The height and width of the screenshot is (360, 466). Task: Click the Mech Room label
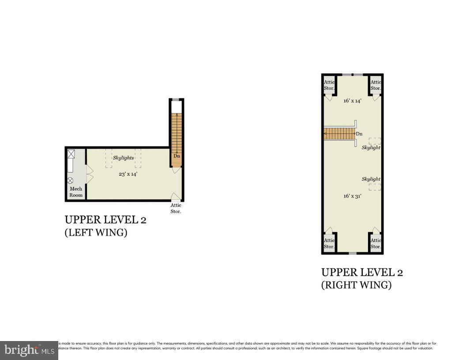click(76, 192)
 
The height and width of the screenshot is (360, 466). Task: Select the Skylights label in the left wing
click(123, 157)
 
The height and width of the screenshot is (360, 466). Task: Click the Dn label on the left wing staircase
click(177, 156)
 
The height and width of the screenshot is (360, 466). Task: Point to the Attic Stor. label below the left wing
click(176, 208)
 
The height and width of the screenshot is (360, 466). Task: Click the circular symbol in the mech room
click(70, 180)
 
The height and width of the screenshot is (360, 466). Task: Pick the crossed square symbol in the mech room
click(71, 154)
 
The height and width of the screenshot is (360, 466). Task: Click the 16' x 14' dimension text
click(352, 101)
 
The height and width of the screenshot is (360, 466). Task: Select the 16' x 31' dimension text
click(352, 195)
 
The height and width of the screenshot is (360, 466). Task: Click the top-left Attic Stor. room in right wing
click(329, 85)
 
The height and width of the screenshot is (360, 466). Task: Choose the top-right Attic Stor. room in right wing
click(376, 85)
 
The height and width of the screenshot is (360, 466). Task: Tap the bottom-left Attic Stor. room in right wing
click(329, 243)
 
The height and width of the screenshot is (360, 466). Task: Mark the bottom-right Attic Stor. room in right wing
click(376, 243)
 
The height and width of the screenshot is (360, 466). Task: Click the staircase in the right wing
click(339, 134)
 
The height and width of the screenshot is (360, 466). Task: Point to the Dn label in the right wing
click(359, 134)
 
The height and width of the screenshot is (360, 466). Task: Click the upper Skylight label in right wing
click(371, 147)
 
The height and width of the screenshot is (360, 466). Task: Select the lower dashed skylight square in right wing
click(375, 187)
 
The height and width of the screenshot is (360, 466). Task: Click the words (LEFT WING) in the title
click(96, 233)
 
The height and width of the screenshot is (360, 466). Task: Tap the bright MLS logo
click(29, 350)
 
